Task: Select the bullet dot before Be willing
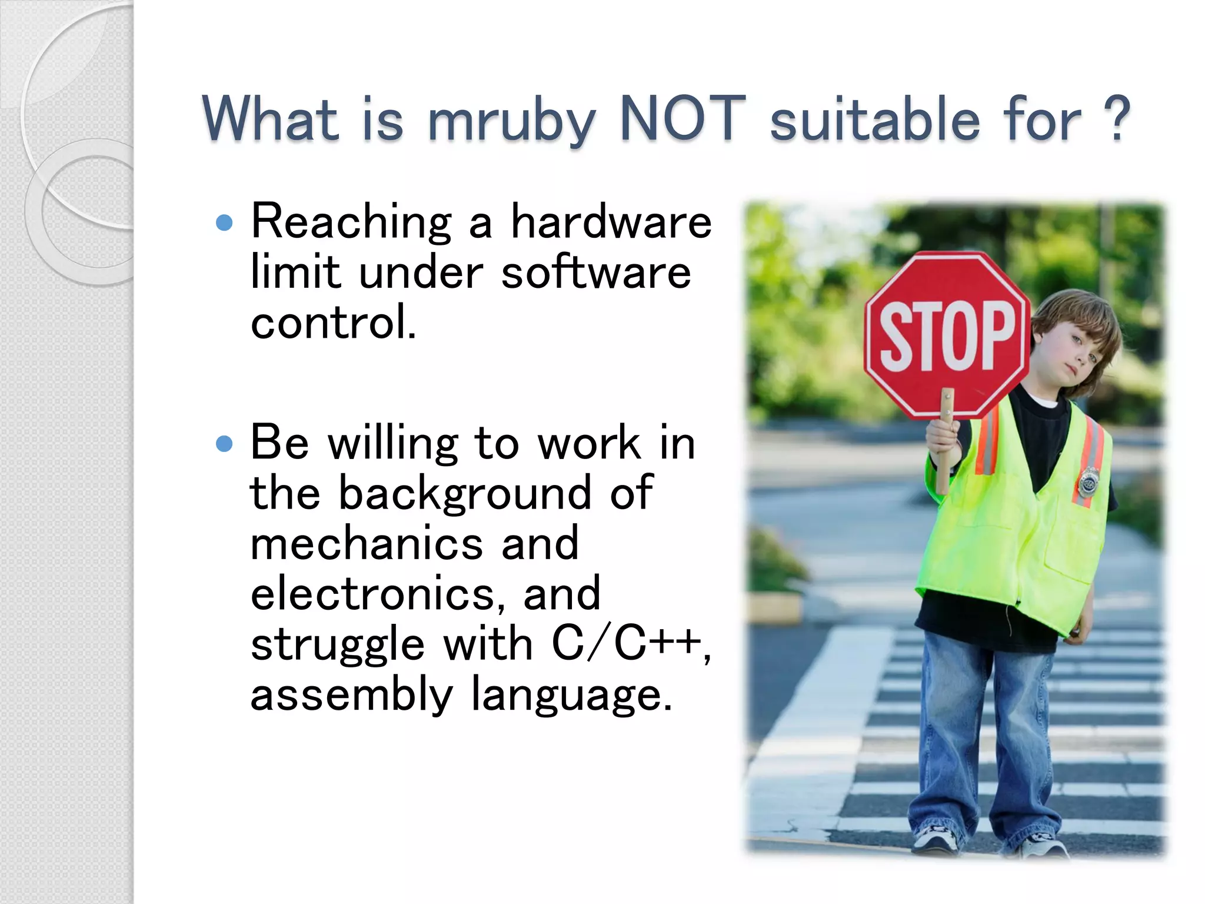click(224, 443)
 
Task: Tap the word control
click(333, 323)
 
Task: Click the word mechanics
click(367, 543)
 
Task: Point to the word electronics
click(377, 594)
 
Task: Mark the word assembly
click(351, 696)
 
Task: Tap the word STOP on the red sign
click(947, 336)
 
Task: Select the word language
click(571, 696)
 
